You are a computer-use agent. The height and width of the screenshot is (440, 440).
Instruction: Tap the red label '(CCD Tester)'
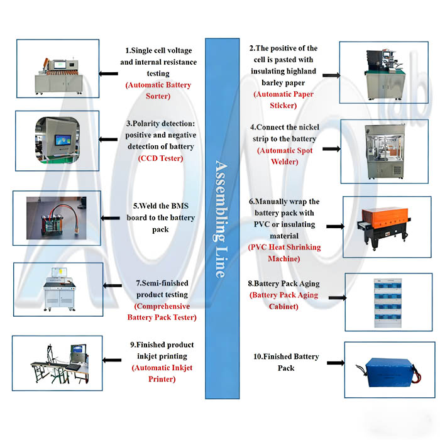click(x=160, y=158)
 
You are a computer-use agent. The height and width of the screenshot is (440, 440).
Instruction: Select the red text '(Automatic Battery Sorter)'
click(x=158, y=91)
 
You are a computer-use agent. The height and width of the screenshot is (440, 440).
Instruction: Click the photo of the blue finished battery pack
click(x=388, y=368)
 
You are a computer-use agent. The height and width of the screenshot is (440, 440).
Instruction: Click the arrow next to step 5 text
click(x=112, y=218)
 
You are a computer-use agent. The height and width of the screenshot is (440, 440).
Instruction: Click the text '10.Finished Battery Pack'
click(x=286, y=362)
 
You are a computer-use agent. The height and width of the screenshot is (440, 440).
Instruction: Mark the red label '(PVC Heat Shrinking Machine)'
click(x=285, y=253)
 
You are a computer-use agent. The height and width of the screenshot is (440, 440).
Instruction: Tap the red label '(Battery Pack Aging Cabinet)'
click(x=284, y=300)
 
